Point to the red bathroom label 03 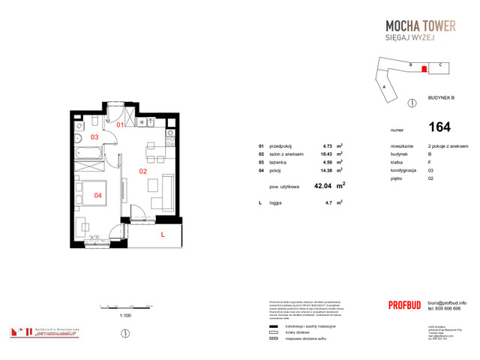tap(94, 138)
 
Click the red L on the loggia tap(162, 235)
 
